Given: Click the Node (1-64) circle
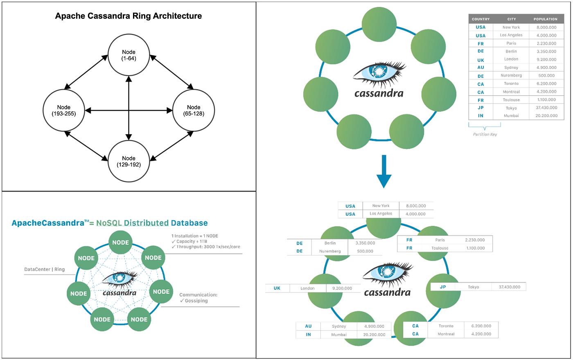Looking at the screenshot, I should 129,55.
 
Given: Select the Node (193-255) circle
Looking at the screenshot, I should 64,110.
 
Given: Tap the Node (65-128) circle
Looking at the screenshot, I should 194,110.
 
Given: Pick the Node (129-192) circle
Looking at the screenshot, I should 129,161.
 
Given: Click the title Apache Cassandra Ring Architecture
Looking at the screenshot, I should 129,16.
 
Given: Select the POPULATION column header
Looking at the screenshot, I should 545,19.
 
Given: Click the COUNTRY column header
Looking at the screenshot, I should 481,19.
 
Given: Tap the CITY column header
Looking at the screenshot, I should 512,19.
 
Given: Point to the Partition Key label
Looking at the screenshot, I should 485,134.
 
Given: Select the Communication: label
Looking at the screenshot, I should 199,295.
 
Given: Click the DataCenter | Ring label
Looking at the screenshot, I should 45,269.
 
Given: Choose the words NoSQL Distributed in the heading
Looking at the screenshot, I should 132,223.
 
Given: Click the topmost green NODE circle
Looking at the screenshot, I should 121,243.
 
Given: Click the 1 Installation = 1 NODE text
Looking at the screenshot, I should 195,236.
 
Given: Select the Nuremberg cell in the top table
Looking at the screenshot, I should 511,75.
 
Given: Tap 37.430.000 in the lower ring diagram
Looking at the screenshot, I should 510,287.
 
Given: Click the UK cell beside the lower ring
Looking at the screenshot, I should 277,288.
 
